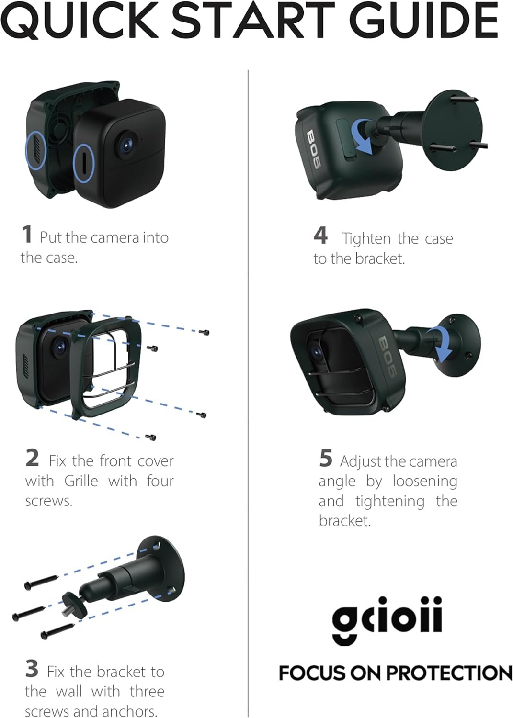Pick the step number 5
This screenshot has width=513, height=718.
[x=326, y=459]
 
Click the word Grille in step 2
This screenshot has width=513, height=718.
[x=81, y=481]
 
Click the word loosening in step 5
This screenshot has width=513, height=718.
[x=425, y=482]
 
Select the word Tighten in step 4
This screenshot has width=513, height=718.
[x=366, y=238]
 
